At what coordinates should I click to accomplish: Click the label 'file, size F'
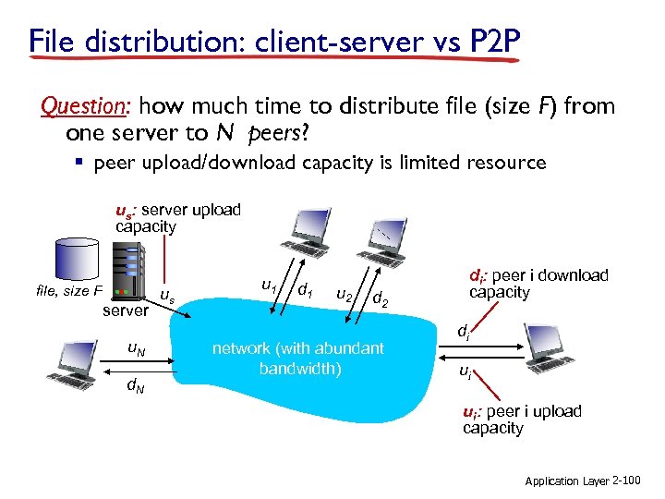tap(68, 291)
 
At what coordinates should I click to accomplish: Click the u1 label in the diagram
tap(269, 286)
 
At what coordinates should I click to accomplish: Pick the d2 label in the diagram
tap(380, 299)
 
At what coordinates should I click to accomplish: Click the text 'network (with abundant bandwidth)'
tap(297, 359)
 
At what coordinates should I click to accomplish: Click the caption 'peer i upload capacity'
tap(522, 420)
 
